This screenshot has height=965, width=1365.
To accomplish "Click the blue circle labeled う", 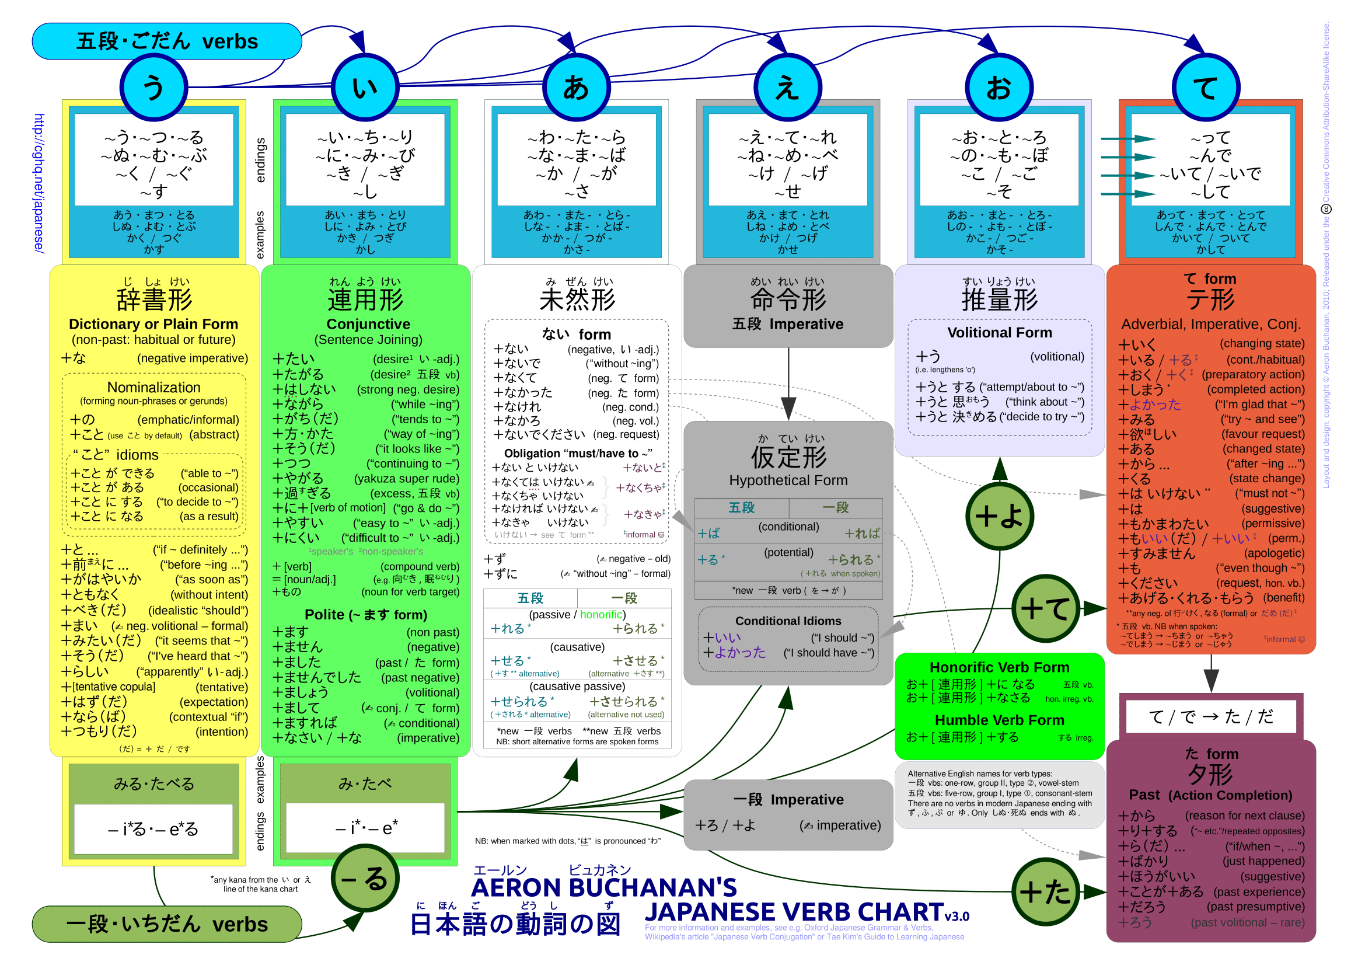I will coord(153,88).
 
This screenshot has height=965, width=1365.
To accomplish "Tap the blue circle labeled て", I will coord(1205,88).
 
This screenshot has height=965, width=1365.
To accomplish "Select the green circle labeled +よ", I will coord(999,516).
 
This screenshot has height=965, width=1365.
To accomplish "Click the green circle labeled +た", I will coord(1045,891).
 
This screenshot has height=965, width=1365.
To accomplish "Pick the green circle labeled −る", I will coord(364,878).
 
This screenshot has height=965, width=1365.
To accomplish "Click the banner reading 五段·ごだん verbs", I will coord(167,41).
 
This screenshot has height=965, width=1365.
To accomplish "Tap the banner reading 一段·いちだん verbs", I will coord(167,924).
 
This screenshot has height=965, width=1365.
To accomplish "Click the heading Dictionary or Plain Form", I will coord(153,324).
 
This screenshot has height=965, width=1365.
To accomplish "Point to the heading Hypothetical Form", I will coord(788,480).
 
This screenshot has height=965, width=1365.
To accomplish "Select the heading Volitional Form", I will coord(999,332).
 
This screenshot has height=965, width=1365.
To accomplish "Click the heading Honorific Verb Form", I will coord(999,667).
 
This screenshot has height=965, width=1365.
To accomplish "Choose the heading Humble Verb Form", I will coord(999,720).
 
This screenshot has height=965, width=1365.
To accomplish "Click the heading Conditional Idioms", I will coord(788,621).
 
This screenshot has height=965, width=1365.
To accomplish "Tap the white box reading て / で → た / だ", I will coord(1210,716).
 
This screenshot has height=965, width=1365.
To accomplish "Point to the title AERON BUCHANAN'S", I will coord(603,888).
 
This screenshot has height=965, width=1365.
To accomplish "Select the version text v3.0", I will coord(957,916).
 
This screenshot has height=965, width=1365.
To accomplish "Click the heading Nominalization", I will coord(153,388).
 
